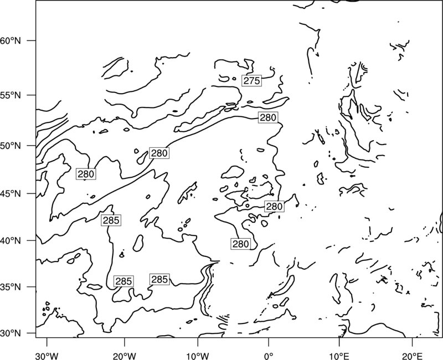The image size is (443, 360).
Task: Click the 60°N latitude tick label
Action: (11, 40)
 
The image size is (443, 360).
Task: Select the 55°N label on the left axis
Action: (11, 95)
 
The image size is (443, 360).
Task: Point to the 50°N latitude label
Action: (11, 146)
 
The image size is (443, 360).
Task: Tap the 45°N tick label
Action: (11, 193)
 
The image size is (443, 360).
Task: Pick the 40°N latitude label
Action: (11, 241)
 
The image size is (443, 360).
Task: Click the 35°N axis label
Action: (11, 287)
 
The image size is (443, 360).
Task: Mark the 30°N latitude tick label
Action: (11, 333)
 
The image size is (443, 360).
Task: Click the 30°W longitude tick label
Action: (47, 356)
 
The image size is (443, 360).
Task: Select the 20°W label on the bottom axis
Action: (124, 356)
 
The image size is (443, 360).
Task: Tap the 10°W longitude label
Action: (198, 356)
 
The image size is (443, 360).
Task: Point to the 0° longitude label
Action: (269, 356)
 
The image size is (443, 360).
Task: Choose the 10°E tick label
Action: (339, 356)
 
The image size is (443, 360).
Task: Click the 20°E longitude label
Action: (413, 356)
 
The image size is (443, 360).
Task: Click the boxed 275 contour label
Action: (251, 81)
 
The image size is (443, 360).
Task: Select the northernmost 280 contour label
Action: (268, 117)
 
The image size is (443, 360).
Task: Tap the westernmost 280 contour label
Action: (86, 174)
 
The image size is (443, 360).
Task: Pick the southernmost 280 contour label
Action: (240, 244)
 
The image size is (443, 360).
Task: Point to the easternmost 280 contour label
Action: (274, 207)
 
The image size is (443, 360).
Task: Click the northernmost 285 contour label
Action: (111, 220)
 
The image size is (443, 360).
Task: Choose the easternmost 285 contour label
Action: (159, 280)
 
